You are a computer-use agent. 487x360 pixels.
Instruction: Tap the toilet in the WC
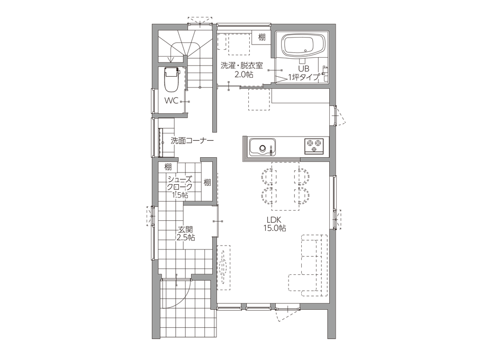[x=172, y=79]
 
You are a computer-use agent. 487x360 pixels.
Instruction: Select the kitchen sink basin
[x=263, y=147]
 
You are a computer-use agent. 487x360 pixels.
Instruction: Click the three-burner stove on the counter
[x=314, y=146]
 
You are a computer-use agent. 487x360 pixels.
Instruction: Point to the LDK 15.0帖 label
[x=275, y=224]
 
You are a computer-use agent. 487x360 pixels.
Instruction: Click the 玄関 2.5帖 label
[x=186, y=233]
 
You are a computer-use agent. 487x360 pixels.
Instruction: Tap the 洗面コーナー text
[x=192, y=141]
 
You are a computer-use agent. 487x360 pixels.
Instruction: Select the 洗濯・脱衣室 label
[x=241, y=66]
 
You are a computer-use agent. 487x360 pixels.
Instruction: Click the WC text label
[x=171, y=101]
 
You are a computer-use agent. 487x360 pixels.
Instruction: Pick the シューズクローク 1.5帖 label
[x=179, y=187]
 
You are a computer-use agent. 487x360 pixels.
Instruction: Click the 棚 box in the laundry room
[x=262, y=37]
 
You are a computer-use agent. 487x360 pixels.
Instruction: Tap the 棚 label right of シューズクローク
[x=207, y=182]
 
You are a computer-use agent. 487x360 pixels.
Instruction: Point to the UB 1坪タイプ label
[x=303, y=73]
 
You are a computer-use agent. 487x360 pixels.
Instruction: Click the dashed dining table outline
[x=286, y=186]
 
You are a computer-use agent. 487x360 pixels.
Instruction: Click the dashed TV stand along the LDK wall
[x=223, y=267]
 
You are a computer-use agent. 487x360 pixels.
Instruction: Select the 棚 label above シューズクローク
[x=168, y=167]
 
